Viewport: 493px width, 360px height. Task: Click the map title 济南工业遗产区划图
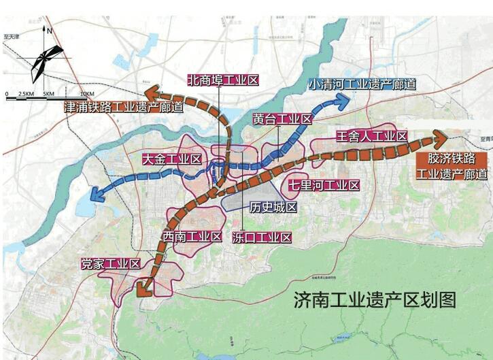[375, 299]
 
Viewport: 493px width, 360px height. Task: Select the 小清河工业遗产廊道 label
[362, 85]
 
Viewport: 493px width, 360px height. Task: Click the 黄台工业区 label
[282, 119]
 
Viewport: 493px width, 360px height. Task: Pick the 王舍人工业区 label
[371, 137]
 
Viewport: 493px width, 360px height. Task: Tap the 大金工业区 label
[171, 159]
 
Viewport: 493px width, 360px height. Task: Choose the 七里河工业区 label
[322, 184]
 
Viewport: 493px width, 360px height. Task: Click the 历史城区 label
[273, 207]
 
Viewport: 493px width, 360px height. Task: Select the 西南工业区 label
[192, 237]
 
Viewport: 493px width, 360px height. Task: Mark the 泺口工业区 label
[262, 238]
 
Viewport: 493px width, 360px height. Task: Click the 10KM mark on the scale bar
[86, 93]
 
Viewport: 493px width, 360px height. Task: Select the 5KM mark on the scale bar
[48, 93]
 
